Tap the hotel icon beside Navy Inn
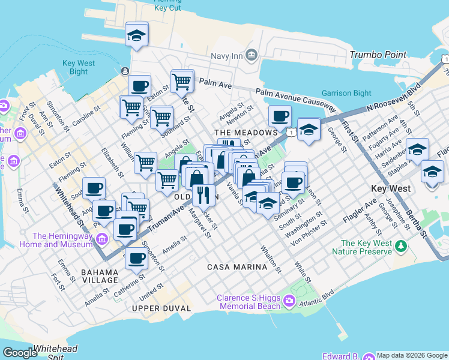[x=251, y=55]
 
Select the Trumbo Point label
[x=379, y=55]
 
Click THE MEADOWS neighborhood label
[x=246, y=132]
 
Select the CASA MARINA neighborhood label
[x=237, y=266]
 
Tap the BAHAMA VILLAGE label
[x=100, y=276]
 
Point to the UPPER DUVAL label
[x=161, y=308]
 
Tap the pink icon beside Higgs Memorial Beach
[x=290, y=300]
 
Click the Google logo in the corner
[x=20, y=353]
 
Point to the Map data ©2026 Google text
[x=412, y=355]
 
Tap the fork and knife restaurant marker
[x=203, y=194]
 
